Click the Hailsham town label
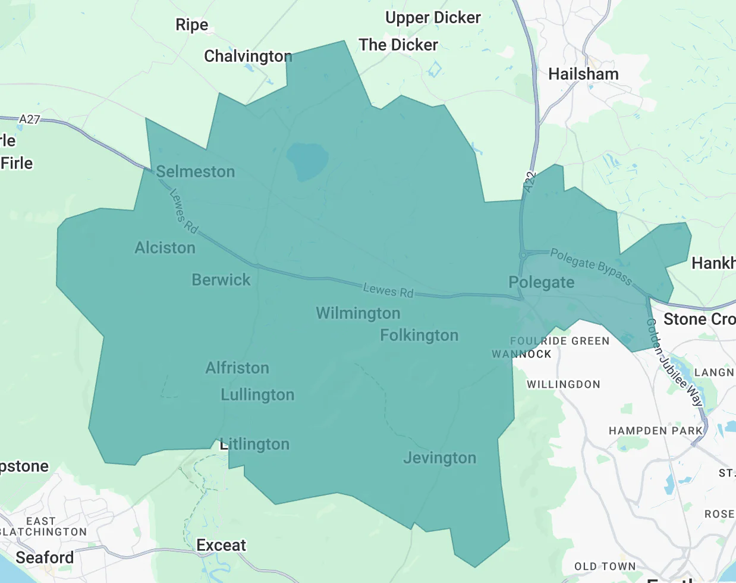(x=583, y=74)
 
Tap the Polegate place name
(x=542, y=282)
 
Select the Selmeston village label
(x=196, y=171)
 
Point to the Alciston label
(x=165, y=247)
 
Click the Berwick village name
(x=221, y=280)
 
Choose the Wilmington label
(x=358, y=313)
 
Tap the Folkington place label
(x=419, y=335)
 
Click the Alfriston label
(x=237, y=368)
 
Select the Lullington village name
(x=257, y=394)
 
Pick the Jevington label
(x=440, y=457)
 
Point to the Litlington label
(x=254, y=444)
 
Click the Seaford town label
(x=45, y=557)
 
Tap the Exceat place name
(x=221, y=545)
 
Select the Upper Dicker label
(x=433, y=17)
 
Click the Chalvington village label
(x=248, y=56)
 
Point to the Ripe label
(x=192, y=24)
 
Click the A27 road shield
(x=29, y=119)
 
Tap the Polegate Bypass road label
(x=590, y=266)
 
